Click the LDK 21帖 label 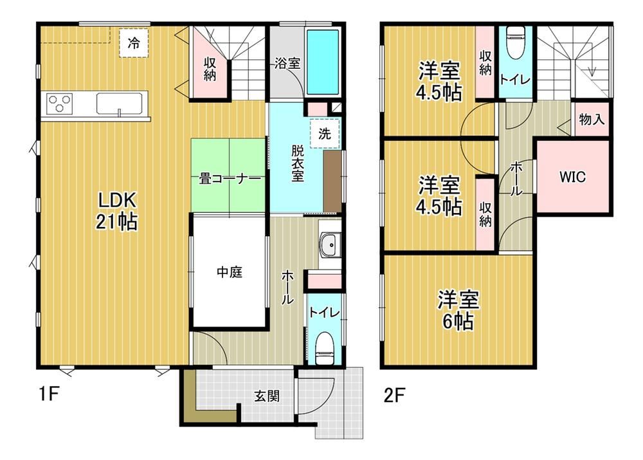tap(117, 211)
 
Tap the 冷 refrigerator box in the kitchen tap(134, 42)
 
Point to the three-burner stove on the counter tap(59, 102)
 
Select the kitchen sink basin tap(120, 104)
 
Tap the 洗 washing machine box tap(325, 133)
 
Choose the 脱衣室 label tap(298, 163)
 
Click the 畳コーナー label tap(230, 179)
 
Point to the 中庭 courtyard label tap(230, 271)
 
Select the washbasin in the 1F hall tap(330, 245)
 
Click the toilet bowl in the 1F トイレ tap(325, 348)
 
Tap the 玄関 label tap(267, 396)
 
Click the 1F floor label tap(49, 394)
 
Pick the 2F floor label tap(395, 395)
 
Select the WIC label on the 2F tap(572, 177)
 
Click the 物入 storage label tap(592, 120)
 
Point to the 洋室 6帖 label tap(458, 311)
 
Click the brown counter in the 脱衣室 tap(332, 181)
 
